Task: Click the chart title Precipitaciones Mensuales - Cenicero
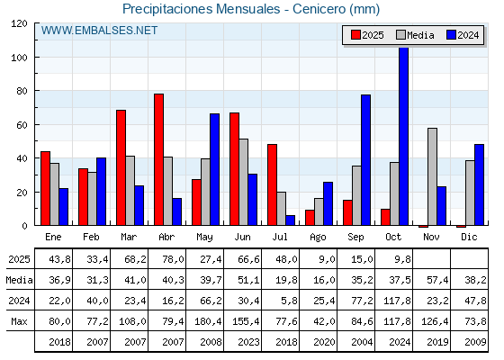pyautogui.click(x=251, y=10)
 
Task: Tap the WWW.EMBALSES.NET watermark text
pyautogui.click(x=99, y=31)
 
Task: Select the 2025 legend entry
pyautogui.click(x=367, y=35)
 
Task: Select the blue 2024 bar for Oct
pyautogui.click(x=403, y=136)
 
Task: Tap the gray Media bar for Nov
pyautogui.click(x=432, y=177)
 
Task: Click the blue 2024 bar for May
pyautogui.click(x=214, y=170)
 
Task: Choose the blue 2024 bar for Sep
pyautogui.click(x=365, y=160)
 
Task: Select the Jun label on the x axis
pyautogui.click(x=242, y=236)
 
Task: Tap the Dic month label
pyautogui.click(x=469, y=236)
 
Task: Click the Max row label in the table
pyautogui.click(x=19, y=321)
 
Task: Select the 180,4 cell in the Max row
pyautogui.click(x=204, y=321)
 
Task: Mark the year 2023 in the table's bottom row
pyautogui.click(x=242, y=342)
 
